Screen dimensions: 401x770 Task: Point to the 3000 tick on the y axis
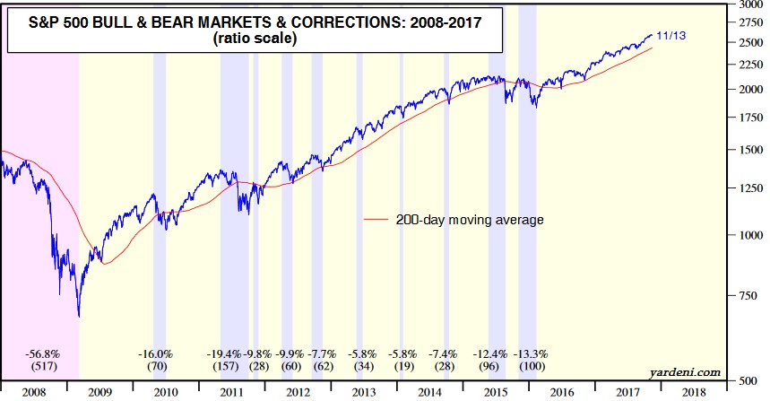click(x=748, y=5)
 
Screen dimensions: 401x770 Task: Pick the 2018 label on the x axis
click(x=693, y=391)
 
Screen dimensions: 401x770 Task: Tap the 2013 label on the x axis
click(x=364, y=391)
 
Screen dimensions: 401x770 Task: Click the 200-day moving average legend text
click(x=470, y=219)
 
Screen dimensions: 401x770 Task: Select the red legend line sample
click(x=376, y=219)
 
